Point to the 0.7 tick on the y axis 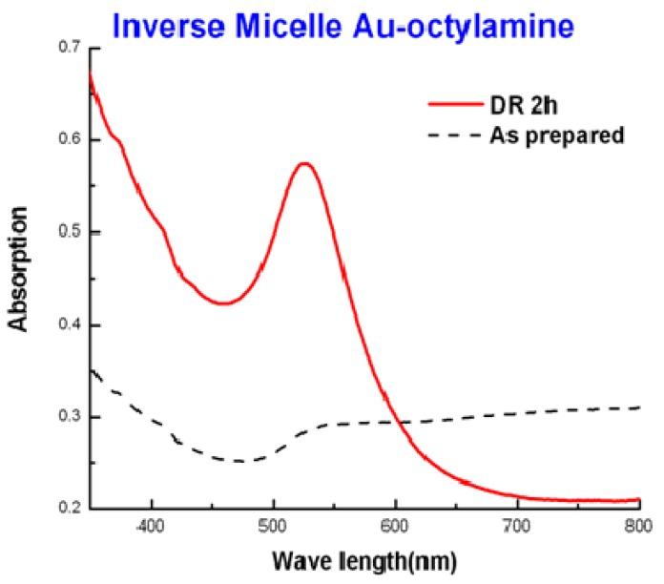click(65, 47)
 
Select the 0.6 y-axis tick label click(65, 139)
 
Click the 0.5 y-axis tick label click(65, 232)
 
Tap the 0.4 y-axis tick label click(65, 325)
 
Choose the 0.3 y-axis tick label click(65, 418)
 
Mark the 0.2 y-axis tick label click(65, 510)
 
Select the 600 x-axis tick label click(395, 526)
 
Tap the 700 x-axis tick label click(517, 526)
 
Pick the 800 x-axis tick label click(638, 526)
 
